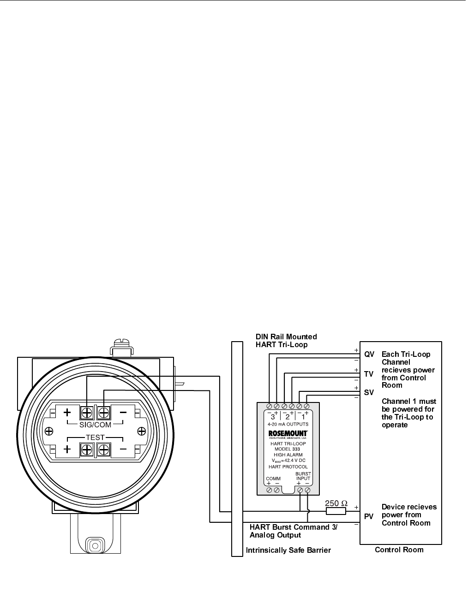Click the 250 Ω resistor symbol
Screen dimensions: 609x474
336,511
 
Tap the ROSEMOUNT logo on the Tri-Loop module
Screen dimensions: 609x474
288,433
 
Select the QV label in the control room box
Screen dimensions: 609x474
369,355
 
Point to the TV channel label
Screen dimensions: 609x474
369,374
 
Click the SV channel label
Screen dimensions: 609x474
369,393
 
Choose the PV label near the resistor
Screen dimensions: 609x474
369,516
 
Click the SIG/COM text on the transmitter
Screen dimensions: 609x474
95,425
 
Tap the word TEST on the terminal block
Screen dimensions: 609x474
96,438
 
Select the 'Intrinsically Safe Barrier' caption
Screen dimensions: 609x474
288,550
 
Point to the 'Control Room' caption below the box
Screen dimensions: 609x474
399,550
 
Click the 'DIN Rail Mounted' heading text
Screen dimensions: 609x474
286,337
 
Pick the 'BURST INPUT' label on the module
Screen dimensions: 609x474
303,476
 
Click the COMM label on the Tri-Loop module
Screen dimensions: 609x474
273,479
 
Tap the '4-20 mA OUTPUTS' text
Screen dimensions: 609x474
288,424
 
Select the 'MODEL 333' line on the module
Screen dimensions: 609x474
287,449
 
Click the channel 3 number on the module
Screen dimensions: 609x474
272,417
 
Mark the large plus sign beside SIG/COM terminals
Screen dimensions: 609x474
67,412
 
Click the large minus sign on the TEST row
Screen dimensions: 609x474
123,448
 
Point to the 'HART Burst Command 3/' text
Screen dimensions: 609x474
293,527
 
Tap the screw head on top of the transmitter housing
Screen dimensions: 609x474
122,343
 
